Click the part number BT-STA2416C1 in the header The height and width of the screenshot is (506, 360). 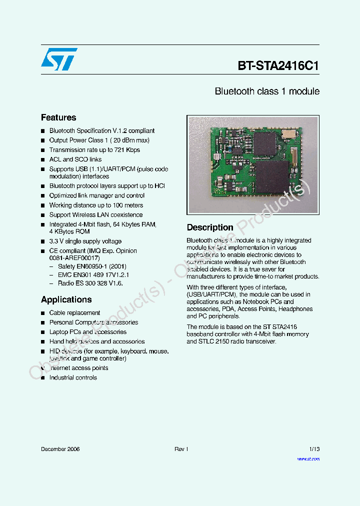tap(278, 65)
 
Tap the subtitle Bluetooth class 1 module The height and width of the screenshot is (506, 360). tap(267, 91)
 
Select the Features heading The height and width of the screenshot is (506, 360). tap(58, 117)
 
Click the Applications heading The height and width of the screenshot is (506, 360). tap(66, 299)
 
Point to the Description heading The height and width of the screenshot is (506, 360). tap(210, 227)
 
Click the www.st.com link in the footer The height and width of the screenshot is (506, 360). tap(308, 458)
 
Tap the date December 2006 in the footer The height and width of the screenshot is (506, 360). tap(60, 449)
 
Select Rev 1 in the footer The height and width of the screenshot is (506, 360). tap(181, 449)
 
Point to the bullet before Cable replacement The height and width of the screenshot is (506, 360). tap(43, 313)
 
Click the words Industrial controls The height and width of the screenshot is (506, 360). tap(73, 377)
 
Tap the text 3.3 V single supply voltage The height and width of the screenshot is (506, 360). tap(85, 241)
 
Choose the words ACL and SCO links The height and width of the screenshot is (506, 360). tap(75, 159)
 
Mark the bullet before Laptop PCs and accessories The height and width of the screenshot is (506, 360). tap(43, 332)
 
